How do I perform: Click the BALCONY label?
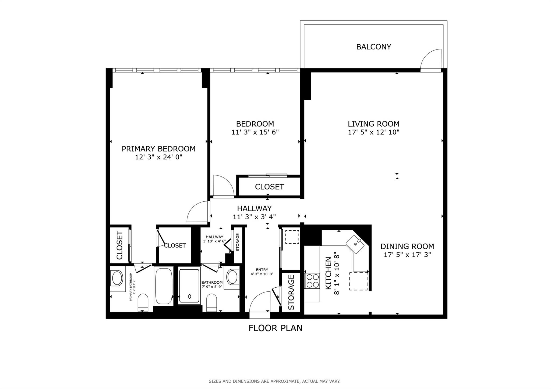pyautogui.click(x=373, y=47)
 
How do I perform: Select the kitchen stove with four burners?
pyautogui.click(x=312, y=281)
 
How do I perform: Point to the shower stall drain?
pyautogui.click(x=190, y=296)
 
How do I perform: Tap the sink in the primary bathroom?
pyautogui.click(x=117, y=279)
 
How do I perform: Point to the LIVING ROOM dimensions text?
pyautogui.click(x=374, y=132)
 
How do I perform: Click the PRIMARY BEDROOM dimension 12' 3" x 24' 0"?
pyautogui.click(x=159, y=157)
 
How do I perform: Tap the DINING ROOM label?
pyautogui.click(x=407, y=246)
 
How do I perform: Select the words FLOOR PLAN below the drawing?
pyautogui.click(x=275, y=328)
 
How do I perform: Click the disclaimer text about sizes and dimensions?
pyautogui.click(x=274, y=381)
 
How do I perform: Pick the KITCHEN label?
pyautogui.click(x=329, y=273)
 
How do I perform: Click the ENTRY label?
pyautogui.click(x=262, y=270)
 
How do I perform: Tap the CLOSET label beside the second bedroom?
pyautogui.click(x=269, y=187)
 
